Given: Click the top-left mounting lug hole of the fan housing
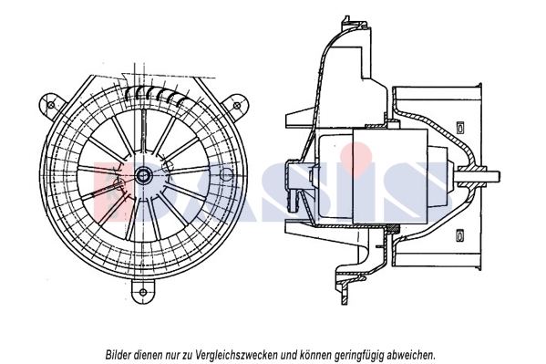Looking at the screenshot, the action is [51, 105].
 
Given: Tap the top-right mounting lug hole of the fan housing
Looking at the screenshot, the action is [237, 105].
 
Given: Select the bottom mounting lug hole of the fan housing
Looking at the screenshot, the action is [143, 292].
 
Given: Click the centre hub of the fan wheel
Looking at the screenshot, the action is [143, 175].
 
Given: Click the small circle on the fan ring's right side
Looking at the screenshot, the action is [226, 174].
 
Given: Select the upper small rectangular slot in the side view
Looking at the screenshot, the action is [460, 127].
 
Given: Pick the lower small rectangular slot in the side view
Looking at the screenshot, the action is [460, 235].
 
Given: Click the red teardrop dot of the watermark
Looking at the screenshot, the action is [356, 157].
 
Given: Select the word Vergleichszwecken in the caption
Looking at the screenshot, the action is [236, 355].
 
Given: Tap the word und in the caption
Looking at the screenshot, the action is [288, 355].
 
